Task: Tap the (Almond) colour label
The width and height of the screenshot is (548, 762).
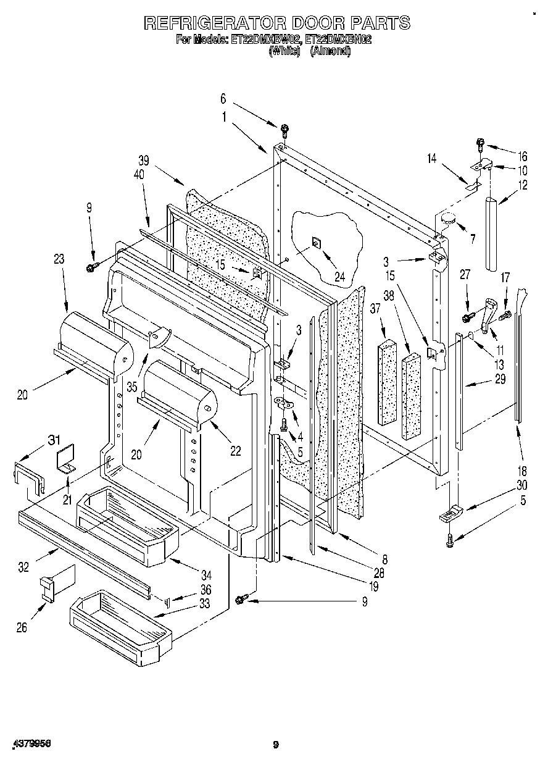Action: (330, 52)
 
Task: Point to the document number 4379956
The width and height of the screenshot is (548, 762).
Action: (30, 744)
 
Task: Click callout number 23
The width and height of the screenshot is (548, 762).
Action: (59, 260)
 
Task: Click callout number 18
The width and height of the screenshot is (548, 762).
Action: (523, 471)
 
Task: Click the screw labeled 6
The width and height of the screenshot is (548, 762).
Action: (284, 130)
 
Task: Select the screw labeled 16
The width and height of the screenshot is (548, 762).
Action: (481, 145)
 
